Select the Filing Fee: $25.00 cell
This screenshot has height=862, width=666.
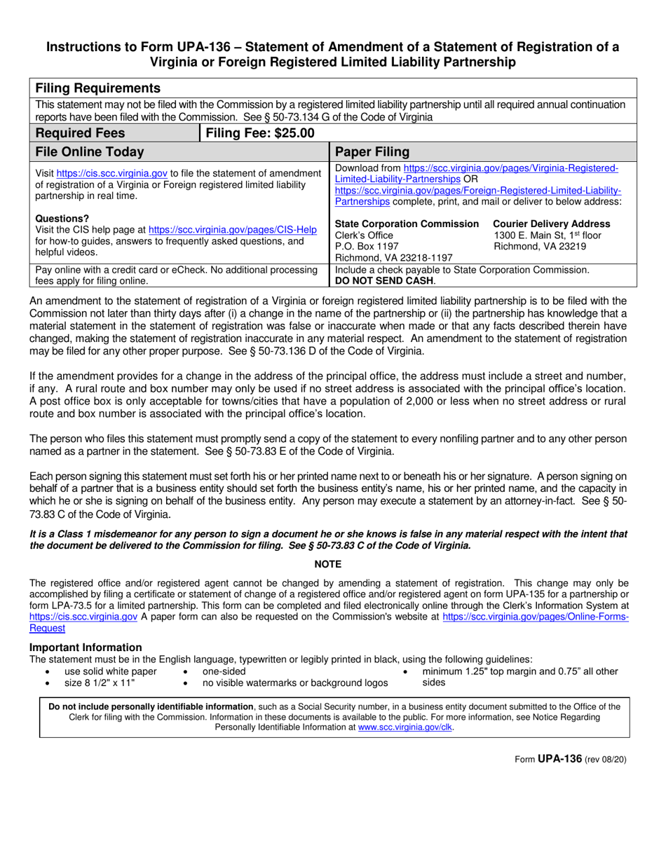click(259, 133)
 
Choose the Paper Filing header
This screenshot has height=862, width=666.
click(372, 152)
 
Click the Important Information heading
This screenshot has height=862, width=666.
click(86, 647)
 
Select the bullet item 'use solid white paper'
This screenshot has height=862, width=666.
click(111, 671)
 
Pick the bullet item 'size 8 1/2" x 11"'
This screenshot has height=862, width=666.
click(100, 683)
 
